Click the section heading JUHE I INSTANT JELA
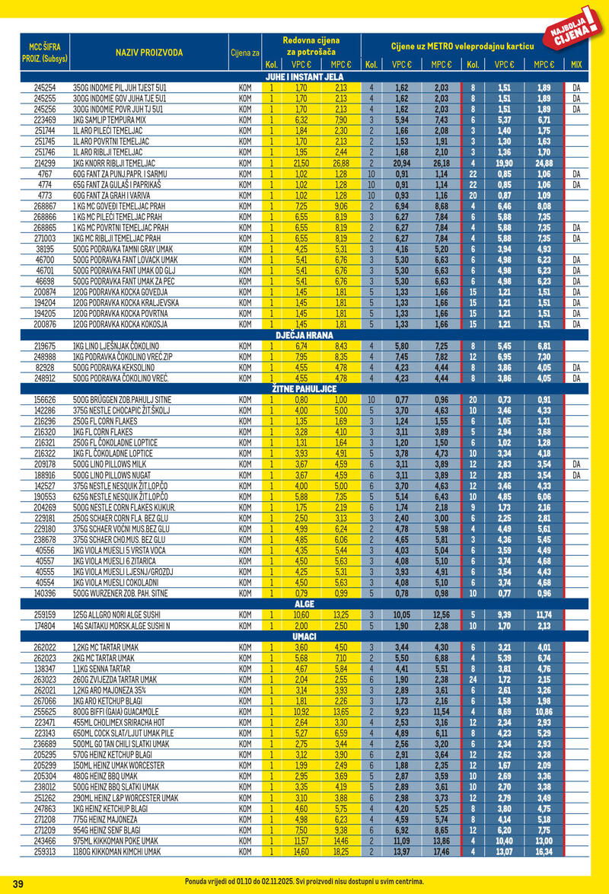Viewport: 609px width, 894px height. tap(304, 77)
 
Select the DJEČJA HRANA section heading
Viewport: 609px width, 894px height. tap(304, 334)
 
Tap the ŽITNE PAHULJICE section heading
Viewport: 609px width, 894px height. tap(304, 388)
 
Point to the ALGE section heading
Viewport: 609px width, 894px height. tap(304, 604)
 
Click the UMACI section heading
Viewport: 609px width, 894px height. tap(304, 636)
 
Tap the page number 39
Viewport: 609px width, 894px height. tap(19, 883)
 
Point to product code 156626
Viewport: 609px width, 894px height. tap(45, 399)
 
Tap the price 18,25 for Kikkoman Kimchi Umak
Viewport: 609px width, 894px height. tap(340, 852)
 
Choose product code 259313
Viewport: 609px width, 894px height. tap(45, 852)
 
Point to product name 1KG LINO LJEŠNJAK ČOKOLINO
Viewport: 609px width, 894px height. tap(114, 345)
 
